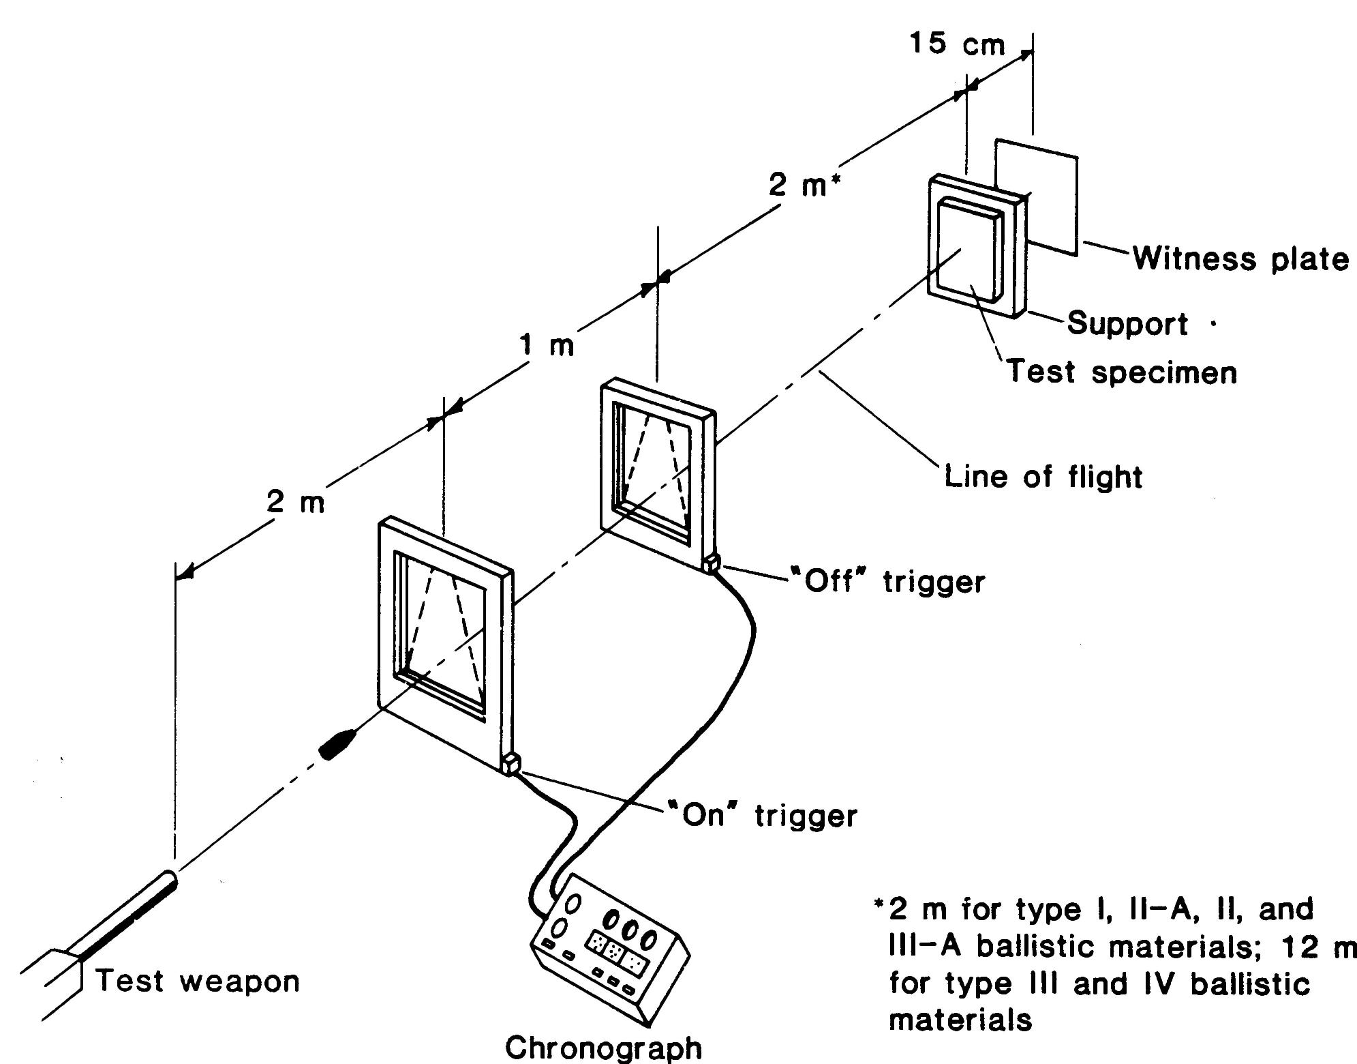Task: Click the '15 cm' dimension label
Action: (957, 44)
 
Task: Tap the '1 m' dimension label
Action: (547, 346)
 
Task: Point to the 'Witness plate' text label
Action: (1240, 260)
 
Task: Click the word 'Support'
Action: (1127, 323)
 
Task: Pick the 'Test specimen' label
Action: (1122, 372)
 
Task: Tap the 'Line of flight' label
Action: (1043, 475)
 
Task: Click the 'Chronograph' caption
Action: (604, 1048)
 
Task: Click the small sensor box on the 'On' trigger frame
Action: (510, 763)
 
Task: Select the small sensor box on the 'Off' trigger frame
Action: (712, 563)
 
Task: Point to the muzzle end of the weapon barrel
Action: (169, 881)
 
